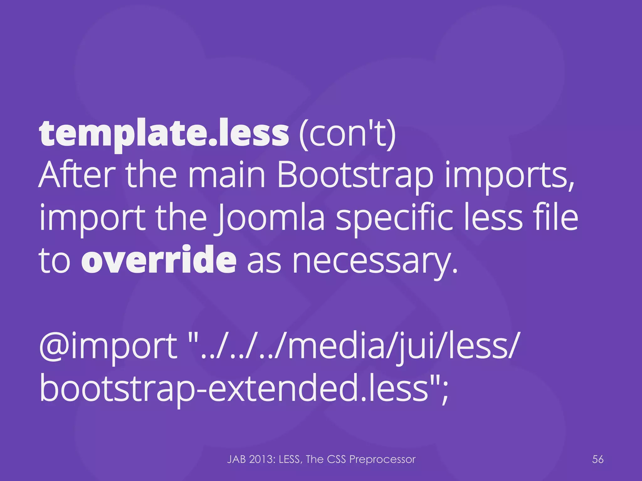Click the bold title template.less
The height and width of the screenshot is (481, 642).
pos(164,135)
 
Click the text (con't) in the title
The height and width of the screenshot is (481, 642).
pos(347,135)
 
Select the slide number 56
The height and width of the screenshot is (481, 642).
pos(598,459)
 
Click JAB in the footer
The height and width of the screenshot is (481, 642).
pos(237,459)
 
